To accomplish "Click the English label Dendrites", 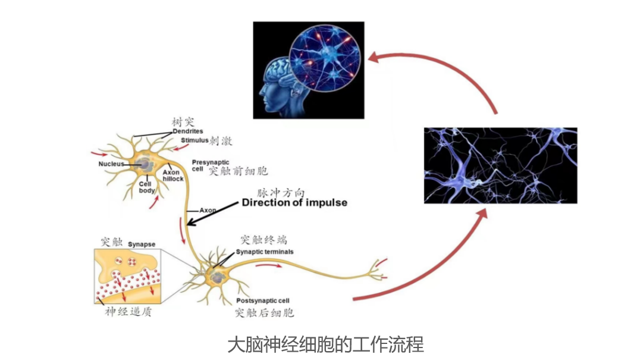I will coord(188,131).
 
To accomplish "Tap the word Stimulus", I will coord(195,141).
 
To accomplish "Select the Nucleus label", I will coord(111,164).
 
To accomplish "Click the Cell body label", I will coord(146,187).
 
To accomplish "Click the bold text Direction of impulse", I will coord(294,203).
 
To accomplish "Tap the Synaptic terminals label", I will coord(265,252).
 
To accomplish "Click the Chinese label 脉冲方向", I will coord(281,193).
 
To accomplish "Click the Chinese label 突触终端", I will coord(263,240).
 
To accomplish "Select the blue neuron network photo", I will coord(500,165).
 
